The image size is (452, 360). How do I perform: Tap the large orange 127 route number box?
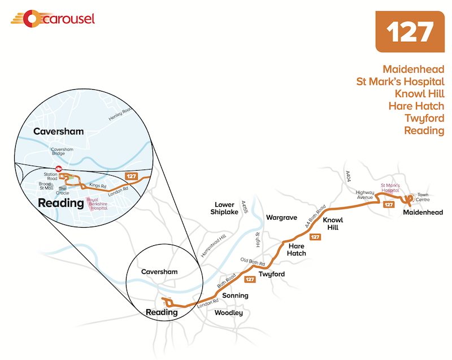[410, 31]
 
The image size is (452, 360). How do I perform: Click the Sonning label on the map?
[234, 296]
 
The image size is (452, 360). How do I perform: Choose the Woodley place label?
[229, 313]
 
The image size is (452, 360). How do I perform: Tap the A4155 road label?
[245, 207]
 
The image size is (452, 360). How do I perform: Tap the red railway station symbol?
[59, 167]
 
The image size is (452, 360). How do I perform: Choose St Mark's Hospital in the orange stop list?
[400, 81]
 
